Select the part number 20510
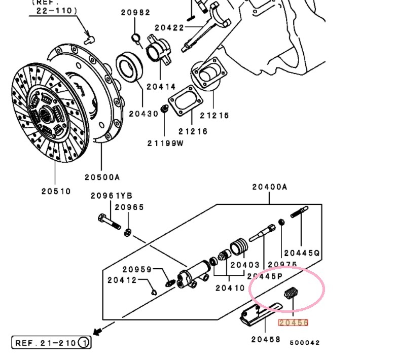(x=56, y=192)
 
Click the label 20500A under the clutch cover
(x=102, y=177)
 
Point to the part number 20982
(x=135, y=13)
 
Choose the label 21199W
(x=166, y=143)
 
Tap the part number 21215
(x=214, y=116)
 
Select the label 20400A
(x=269, y=187)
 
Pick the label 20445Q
(x=302, y=253)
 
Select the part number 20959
(x=137, y=269)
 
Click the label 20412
(x=122, y=280)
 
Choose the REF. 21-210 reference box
(x=51, y=343)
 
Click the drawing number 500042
(x=305, y=343)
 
